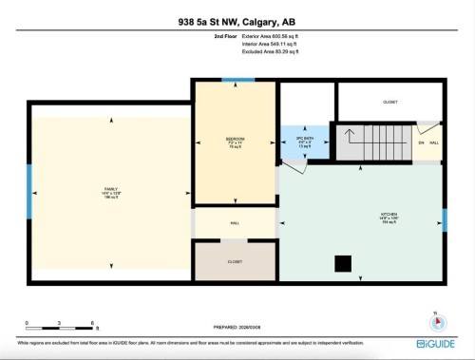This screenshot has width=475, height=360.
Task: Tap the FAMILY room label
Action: (x=111, y=190)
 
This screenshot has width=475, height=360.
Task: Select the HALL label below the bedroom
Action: (x=235, y=224)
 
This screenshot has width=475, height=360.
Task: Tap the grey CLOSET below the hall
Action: (x=235, y=261)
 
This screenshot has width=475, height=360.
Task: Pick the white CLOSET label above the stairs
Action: (x=389, y=101)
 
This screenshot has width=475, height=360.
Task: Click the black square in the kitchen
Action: (x=341, y=263)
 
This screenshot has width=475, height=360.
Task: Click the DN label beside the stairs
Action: (x=422, y=142)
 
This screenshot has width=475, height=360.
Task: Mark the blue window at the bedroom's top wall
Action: (x=236, y=81)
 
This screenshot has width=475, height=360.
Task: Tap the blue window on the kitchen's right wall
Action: (x=444, y=219)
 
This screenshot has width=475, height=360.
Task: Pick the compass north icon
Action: (x=434, y=319)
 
